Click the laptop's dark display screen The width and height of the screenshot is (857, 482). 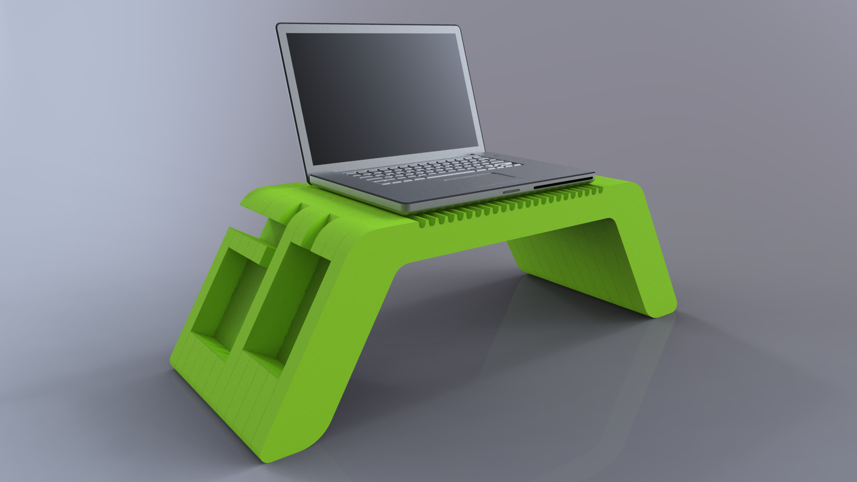384,96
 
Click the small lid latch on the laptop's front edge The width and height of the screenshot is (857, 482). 512,191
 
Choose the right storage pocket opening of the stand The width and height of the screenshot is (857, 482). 286,303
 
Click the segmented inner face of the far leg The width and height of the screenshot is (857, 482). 571,259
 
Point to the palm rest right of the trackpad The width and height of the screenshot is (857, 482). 549,172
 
